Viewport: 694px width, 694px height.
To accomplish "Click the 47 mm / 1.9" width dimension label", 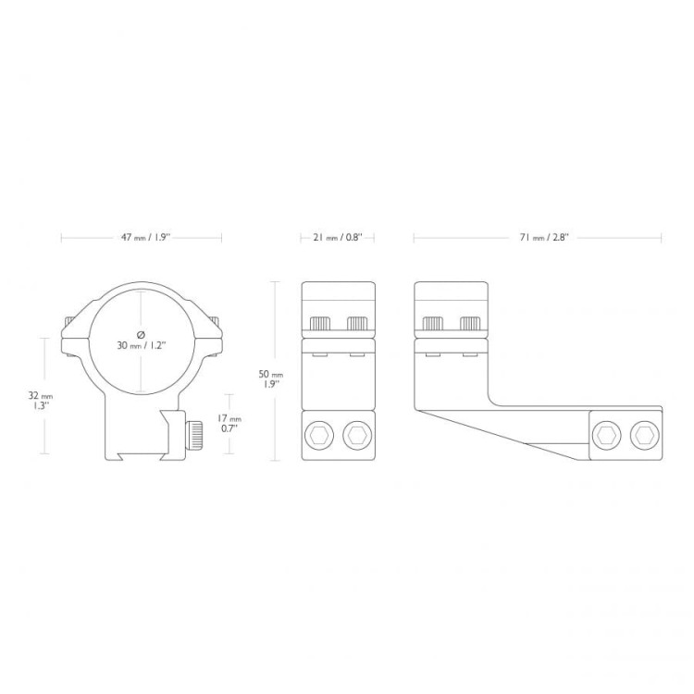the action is pos(145,238).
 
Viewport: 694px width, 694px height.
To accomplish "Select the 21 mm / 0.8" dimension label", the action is pos(338,238).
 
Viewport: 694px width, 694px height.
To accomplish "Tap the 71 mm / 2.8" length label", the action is pos(544,238).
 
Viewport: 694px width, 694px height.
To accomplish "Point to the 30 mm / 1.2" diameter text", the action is pos(142,345).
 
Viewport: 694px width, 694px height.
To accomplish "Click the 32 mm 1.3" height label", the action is pos(40,401).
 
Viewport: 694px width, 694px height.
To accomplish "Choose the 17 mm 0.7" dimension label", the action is pos(229,423).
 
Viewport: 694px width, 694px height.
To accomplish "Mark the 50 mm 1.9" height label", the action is pos(270,378).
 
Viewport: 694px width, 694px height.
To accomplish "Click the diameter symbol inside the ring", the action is pos(142,334).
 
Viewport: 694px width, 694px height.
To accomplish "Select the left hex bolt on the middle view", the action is pos(319,436).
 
